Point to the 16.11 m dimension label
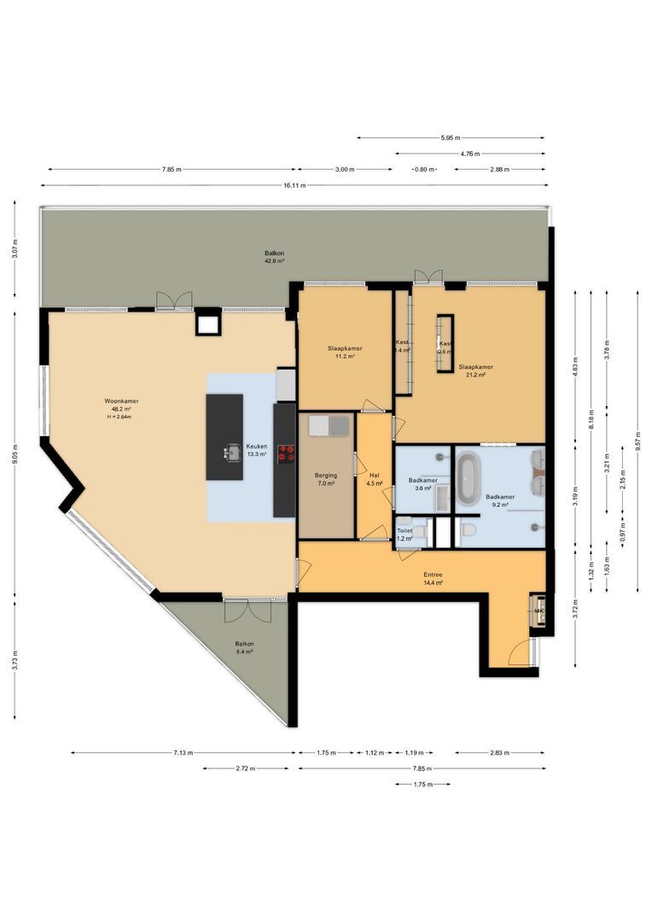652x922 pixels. (296, 185)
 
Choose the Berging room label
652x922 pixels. (326, 479)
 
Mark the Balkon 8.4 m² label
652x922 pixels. (244, 647)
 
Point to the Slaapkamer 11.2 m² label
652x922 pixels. (345, 352)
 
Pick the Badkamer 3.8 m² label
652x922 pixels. (422, 484)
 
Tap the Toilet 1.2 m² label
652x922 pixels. (405, 534)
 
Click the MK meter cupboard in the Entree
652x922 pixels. (538, 610)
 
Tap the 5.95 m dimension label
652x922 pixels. (451, 137)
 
